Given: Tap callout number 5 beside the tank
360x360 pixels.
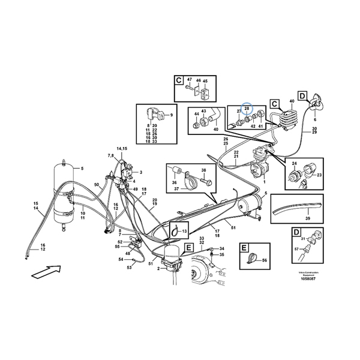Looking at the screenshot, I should [x=82, y=169].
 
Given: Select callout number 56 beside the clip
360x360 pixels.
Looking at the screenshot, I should [x=265, y=259].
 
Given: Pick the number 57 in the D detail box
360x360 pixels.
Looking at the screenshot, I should [x=296, y=248].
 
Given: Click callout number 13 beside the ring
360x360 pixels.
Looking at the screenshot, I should [x=185, y=231].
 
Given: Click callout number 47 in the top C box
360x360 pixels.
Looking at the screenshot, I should [x=188, y=80].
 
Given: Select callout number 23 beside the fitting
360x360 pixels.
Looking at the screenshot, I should [x=319, y=175].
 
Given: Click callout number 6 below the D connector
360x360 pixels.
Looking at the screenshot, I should [x=314, y=119].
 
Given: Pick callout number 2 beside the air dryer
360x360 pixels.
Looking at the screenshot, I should [x=158, y=269].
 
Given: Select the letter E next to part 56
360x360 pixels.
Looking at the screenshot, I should [x=243, y=247].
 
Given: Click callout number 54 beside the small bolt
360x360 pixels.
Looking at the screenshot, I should [x=120, y=260].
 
